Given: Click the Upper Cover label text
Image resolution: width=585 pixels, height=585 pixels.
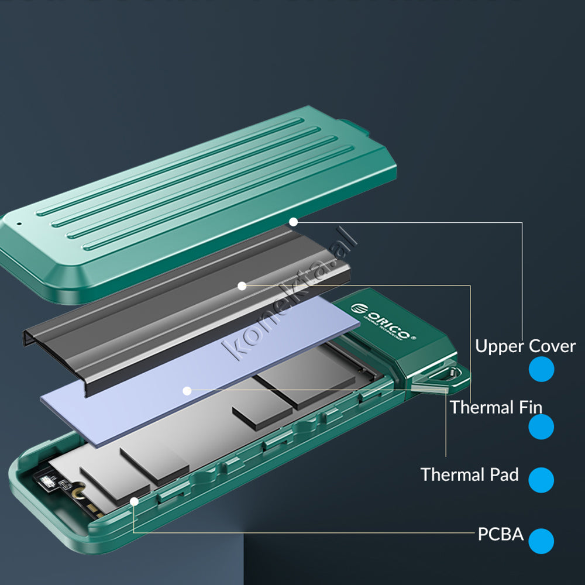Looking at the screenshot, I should coord(525,346).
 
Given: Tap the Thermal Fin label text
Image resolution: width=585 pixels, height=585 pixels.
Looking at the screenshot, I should coord(495,407).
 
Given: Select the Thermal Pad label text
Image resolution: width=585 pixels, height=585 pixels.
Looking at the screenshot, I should coord(469,474).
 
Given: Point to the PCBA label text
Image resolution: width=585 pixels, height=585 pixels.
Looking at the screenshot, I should coord(500,534).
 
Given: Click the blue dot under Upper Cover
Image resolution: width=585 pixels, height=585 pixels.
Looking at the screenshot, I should coord(541,369).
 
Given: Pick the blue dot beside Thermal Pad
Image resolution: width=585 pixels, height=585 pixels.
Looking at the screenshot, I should coord(541,480).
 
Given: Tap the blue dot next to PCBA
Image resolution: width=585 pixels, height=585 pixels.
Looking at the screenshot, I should coord(541,541).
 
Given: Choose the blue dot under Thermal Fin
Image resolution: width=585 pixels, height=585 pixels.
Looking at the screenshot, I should coord(541,427).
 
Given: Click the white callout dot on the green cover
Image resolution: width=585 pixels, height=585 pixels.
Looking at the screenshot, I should coord(293,222).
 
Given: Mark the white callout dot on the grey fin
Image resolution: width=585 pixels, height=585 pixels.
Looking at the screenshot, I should coord(242,285).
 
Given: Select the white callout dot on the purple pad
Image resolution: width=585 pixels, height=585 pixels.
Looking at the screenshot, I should coord(187,390).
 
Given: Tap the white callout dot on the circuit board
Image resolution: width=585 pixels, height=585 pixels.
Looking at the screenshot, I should coord(134,501).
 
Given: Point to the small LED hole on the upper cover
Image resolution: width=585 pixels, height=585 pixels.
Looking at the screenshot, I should coord(19,223).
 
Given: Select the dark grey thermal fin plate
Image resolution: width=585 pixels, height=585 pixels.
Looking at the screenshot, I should coord(175,304).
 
